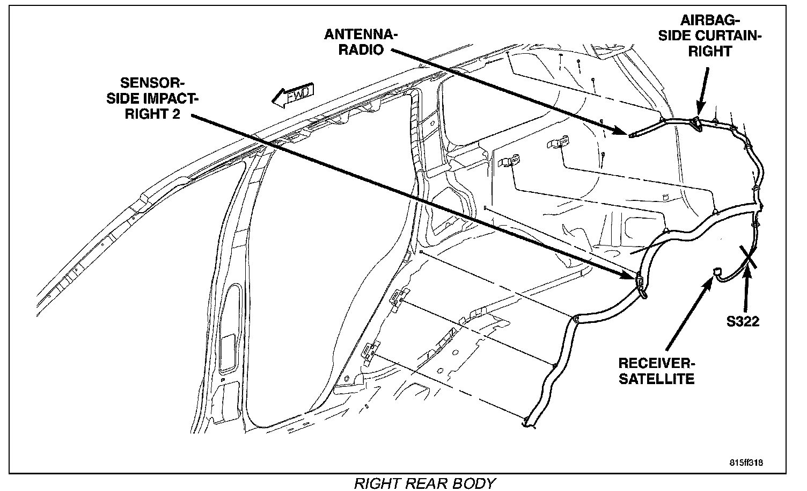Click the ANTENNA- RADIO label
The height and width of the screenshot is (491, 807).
coord(361,42)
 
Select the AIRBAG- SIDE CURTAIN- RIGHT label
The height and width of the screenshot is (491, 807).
coord(721,36)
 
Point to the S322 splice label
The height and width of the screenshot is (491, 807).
coord(743,321)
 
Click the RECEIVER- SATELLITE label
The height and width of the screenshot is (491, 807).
coord(656,370)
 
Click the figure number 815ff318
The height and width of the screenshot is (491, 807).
coord(746,462)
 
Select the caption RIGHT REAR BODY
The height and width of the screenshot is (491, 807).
coord(424,483)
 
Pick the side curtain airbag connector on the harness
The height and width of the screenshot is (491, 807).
coord(696,123)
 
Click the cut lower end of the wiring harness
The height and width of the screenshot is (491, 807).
coord(528,424)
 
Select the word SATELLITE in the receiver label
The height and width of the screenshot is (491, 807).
coord(656,378)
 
